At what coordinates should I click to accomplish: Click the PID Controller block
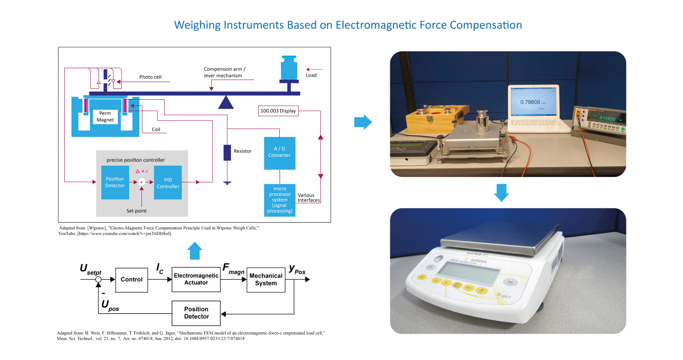168,183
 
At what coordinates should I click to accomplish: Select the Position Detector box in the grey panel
115,183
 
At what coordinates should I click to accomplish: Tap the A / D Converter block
279,153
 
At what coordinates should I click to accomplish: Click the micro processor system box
279,200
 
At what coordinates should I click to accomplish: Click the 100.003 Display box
278,110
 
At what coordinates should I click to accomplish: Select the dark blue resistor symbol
227,153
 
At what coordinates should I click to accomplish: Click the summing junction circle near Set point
141,182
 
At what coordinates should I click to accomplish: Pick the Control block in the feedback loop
132,279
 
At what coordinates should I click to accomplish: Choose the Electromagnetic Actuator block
196,279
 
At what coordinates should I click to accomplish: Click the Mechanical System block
266,279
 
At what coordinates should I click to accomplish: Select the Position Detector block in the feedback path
196,313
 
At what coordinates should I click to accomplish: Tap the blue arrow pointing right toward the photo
363,122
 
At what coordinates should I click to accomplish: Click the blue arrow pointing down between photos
501,191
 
